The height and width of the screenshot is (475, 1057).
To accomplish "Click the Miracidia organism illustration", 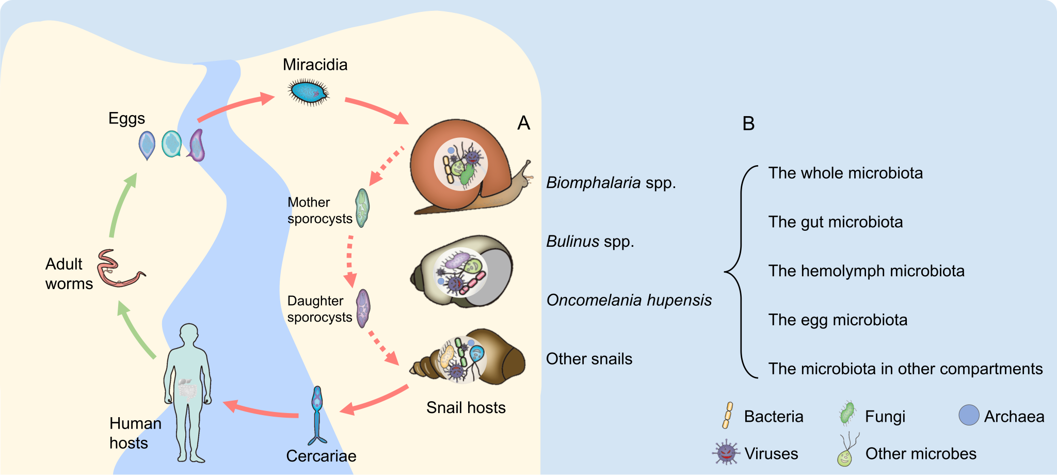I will (309, 92).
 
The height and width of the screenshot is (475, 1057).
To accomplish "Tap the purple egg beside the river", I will (197, 146).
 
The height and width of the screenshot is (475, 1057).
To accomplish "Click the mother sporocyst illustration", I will (363, 208).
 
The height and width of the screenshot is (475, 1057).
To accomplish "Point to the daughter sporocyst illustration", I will (363, 308).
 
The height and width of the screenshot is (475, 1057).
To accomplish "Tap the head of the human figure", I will (189, 336).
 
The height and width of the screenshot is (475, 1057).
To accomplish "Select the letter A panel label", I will (523, 123).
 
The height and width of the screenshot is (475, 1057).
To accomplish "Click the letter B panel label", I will (748, 124).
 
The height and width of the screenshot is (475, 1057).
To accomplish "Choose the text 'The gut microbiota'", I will (836, 222).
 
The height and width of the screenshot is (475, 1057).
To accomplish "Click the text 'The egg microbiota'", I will (838, 320).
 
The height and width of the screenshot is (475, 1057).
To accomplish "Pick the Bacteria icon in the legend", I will (728, 416).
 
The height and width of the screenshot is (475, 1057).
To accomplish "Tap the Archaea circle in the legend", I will (969, 415).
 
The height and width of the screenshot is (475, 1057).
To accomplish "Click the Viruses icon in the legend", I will (726, 453).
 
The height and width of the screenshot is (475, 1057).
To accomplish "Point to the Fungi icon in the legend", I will (847, 414).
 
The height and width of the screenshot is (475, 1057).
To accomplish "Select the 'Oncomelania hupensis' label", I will (629, 300).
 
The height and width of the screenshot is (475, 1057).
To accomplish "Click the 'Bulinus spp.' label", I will (590, 242).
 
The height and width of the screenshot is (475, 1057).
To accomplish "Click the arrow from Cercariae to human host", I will (261, 410).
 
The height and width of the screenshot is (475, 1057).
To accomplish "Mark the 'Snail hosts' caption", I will (466, 408).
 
